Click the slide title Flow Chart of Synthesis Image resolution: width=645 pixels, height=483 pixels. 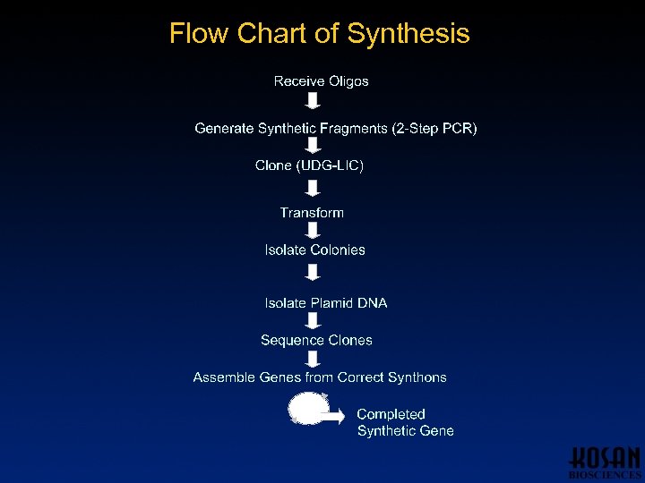[x=319, y=34]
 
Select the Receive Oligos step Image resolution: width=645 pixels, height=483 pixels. [x=321, y=81]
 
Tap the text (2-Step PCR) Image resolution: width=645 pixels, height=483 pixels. [x=434, y=129]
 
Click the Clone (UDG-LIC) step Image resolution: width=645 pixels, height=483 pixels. [x=309, y=165]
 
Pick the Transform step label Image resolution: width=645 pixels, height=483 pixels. [x=312, y=213]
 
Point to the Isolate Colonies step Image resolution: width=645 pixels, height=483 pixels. [x=314, y=250]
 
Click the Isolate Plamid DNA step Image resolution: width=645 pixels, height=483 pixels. [x=326, y=303]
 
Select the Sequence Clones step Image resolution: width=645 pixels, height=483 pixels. [x=316, y=341]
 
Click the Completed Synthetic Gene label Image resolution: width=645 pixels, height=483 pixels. [x=405, y=422]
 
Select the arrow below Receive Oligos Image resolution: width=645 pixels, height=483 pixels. [x=314, y=101]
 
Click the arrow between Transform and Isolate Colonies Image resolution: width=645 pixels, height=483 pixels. [x=314, y=231]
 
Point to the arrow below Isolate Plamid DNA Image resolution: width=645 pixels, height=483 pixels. [x=314, y=321]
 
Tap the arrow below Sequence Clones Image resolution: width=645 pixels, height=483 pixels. [x=314, y=359]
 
